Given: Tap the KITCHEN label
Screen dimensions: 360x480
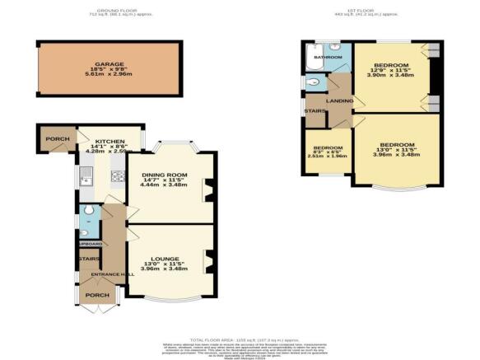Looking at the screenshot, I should tap(110, 140).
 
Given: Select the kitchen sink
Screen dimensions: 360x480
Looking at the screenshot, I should tap(86, 173).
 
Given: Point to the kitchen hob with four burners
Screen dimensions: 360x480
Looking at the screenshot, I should tap(117, 175).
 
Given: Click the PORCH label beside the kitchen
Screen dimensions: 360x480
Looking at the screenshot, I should tap(57, 138).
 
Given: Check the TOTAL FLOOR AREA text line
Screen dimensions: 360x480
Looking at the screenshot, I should tap(240, 339).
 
